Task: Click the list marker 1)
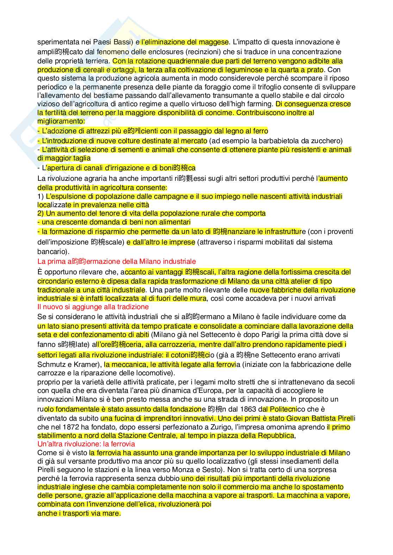coord(41,196)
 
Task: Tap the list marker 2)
coord(41,213)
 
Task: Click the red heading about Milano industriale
coord(117,261)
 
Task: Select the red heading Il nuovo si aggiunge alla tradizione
coord(88,307)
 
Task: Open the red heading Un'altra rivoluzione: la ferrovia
coord(86,444)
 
